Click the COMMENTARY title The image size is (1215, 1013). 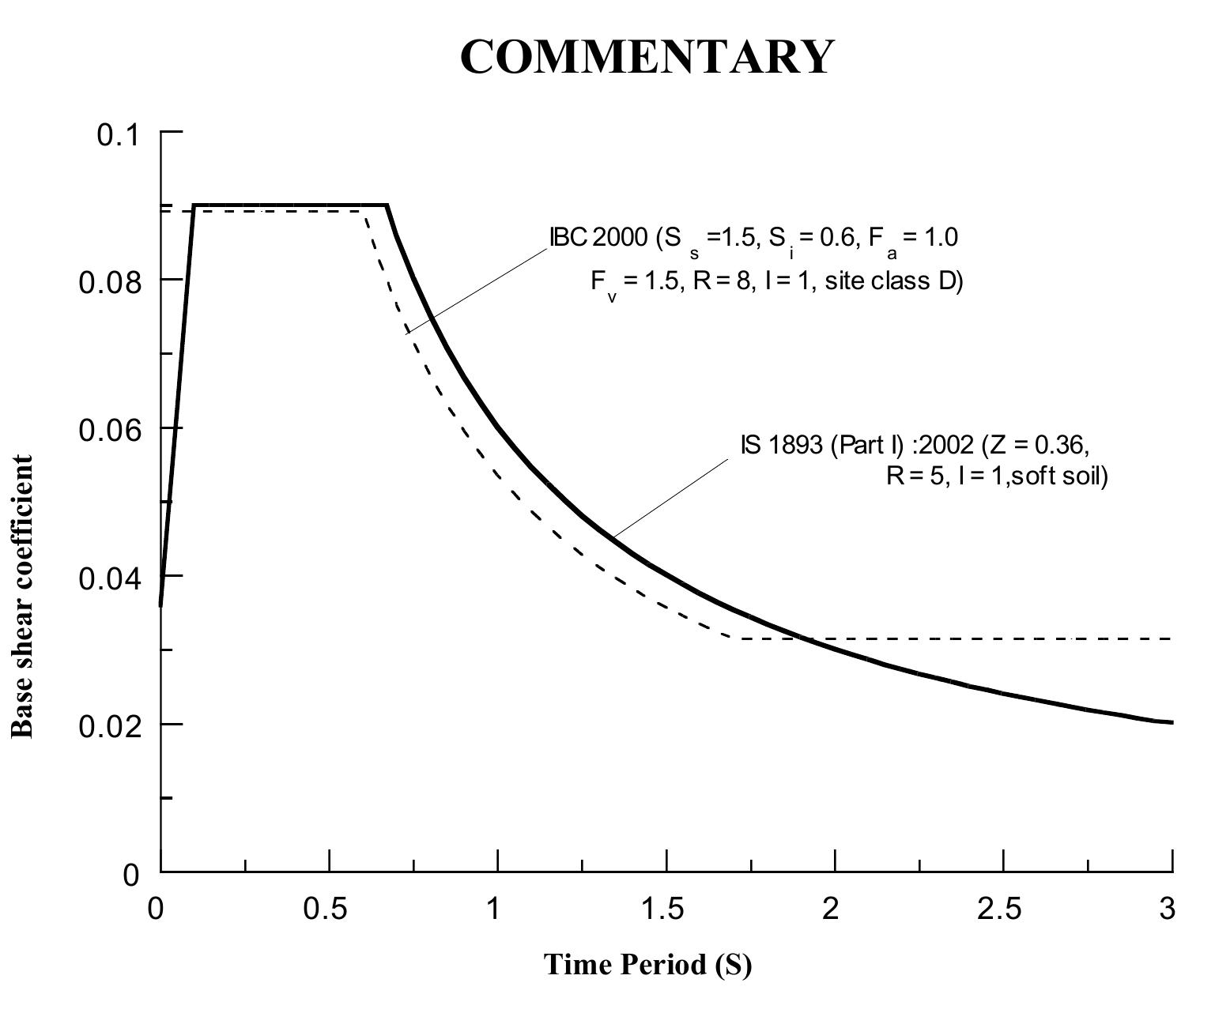(646, 57)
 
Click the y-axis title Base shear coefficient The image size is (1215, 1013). (22, 597)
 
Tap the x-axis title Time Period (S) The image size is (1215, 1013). (647, 965)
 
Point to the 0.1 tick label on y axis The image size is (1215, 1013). (118, 135)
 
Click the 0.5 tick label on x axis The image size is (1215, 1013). (326, 909)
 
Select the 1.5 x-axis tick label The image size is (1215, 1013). (662, 909)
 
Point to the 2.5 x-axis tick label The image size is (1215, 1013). (999, 909)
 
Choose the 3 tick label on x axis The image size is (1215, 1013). (1168, 909)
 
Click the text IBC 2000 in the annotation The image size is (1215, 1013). (598, 237)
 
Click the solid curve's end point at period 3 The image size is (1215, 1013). (1172, 722)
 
